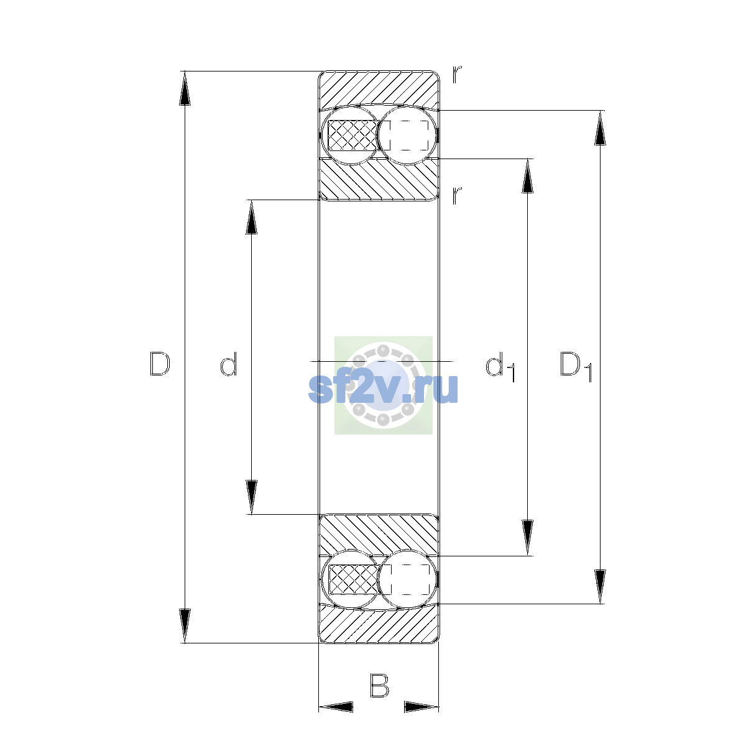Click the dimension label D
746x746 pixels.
(160, 364)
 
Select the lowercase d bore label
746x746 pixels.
(228, 364)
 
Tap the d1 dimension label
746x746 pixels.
(500, 366)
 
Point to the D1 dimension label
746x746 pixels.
(576, 366)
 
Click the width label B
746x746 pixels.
(379, 686)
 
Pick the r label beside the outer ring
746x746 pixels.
(457, 75)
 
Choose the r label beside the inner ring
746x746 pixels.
(457, 196)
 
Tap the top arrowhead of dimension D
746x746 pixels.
(185, 88)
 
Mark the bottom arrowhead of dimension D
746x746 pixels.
(185, 626)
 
